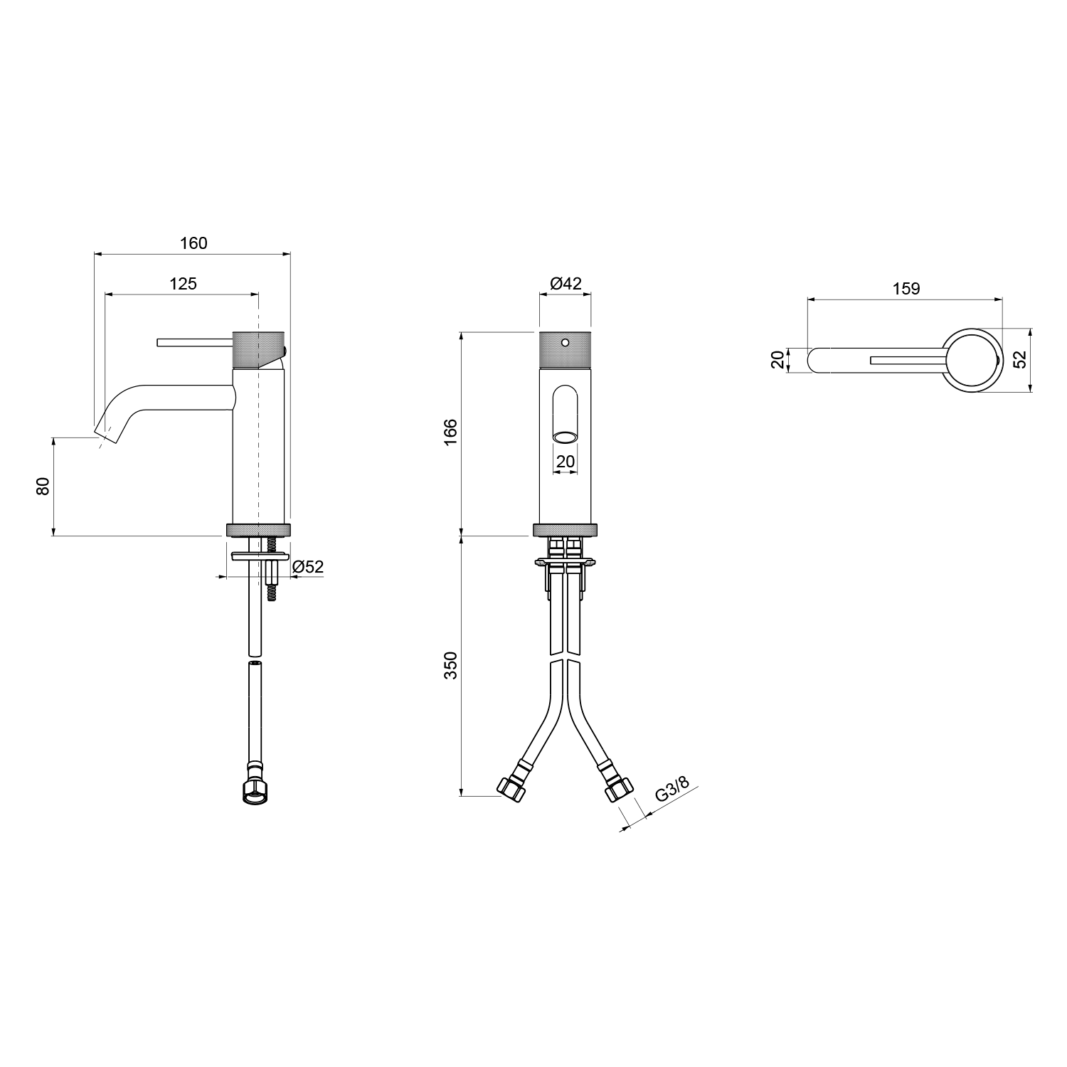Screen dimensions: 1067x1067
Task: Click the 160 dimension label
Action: (193, 243)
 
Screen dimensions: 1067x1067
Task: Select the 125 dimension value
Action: (183, 283)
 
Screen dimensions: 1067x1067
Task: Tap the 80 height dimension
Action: (43, 487)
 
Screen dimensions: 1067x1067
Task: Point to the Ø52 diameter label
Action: (308, 567)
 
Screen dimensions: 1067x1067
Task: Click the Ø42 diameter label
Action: (566, 283)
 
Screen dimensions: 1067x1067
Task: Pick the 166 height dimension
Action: (451, 432)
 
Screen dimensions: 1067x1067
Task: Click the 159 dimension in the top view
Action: (906, 288)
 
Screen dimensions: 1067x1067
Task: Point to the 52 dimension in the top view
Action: (1019, 359)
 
